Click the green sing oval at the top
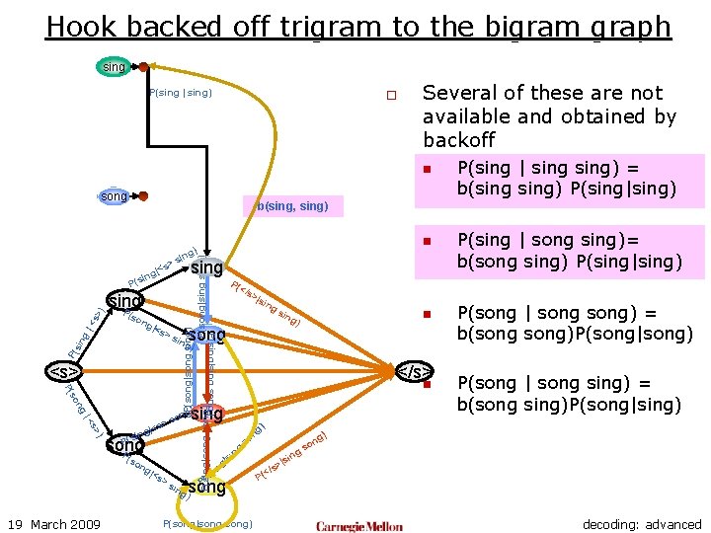115,67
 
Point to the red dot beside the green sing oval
143,67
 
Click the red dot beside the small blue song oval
143,196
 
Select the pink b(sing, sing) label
292,206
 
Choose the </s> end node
414,371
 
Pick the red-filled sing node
206,414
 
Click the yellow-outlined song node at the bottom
206,487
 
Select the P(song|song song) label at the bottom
208,523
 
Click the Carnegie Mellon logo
361,525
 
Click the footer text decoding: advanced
642,524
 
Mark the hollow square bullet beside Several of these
391,96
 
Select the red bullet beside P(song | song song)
427,315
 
